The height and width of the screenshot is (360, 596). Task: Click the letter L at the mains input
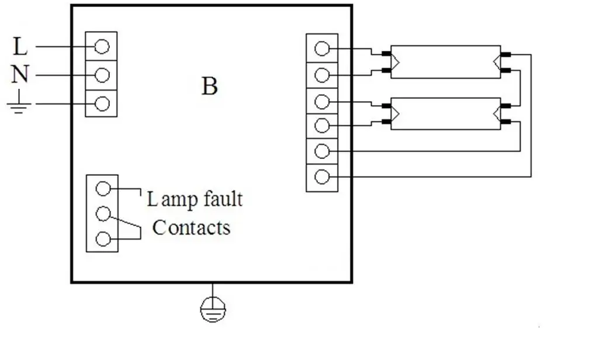click(20, 46)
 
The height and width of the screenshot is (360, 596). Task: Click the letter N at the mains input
click(20, 75)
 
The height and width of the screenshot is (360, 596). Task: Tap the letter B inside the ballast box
click(210, 86)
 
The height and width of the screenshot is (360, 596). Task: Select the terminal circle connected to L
click(102, 47)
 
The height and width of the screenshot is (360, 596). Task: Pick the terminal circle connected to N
click(102, 75)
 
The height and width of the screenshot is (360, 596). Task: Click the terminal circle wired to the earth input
click(102, 103)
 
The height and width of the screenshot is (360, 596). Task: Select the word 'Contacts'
click(191, 227)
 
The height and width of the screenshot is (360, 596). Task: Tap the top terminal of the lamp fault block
click(103, 188)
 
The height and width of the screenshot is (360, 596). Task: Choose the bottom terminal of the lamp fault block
click(103, 239)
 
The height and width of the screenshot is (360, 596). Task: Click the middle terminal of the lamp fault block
click(103, 214)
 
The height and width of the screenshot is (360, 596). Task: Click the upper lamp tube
click(445, 61)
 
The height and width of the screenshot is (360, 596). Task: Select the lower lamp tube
click(445, 113)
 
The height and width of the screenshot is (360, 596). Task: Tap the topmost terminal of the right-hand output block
click(322, 49)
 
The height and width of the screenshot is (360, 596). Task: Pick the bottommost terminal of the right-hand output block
click(322, 176)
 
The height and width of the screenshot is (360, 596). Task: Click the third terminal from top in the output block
click(322, 101)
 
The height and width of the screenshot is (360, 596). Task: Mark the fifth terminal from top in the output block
click(322, 151)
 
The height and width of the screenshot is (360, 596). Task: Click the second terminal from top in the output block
click(322, 75)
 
